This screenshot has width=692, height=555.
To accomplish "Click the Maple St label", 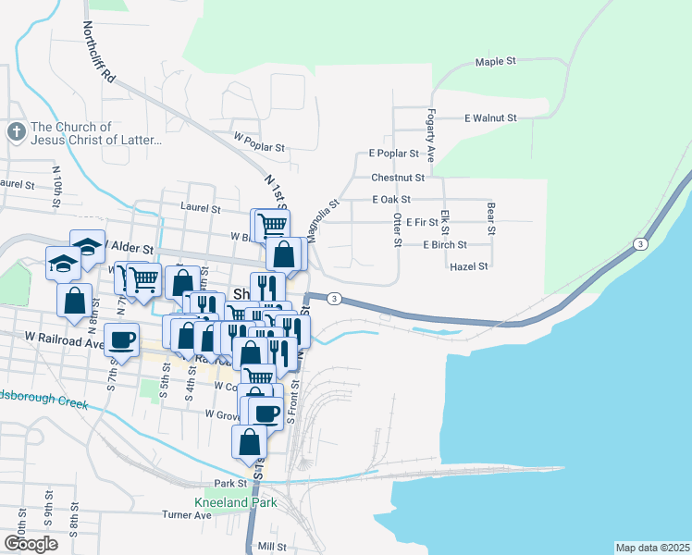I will pos(495,62).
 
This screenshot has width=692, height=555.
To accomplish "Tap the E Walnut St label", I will pos(490,118).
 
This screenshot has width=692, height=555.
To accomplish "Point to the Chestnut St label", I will pos(398,177).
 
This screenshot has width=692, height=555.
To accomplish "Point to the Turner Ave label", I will pos(187,514).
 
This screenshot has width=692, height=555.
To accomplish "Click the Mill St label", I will pos(273,547).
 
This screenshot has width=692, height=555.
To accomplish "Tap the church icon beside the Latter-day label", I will pos(16,132).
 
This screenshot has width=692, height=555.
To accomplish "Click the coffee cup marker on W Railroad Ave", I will pos(122,339).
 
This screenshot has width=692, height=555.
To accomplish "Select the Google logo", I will pos(31,544).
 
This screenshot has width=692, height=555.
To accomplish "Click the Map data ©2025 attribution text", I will pos(651,548).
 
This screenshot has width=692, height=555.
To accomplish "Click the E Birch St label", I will pos(444,245).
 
